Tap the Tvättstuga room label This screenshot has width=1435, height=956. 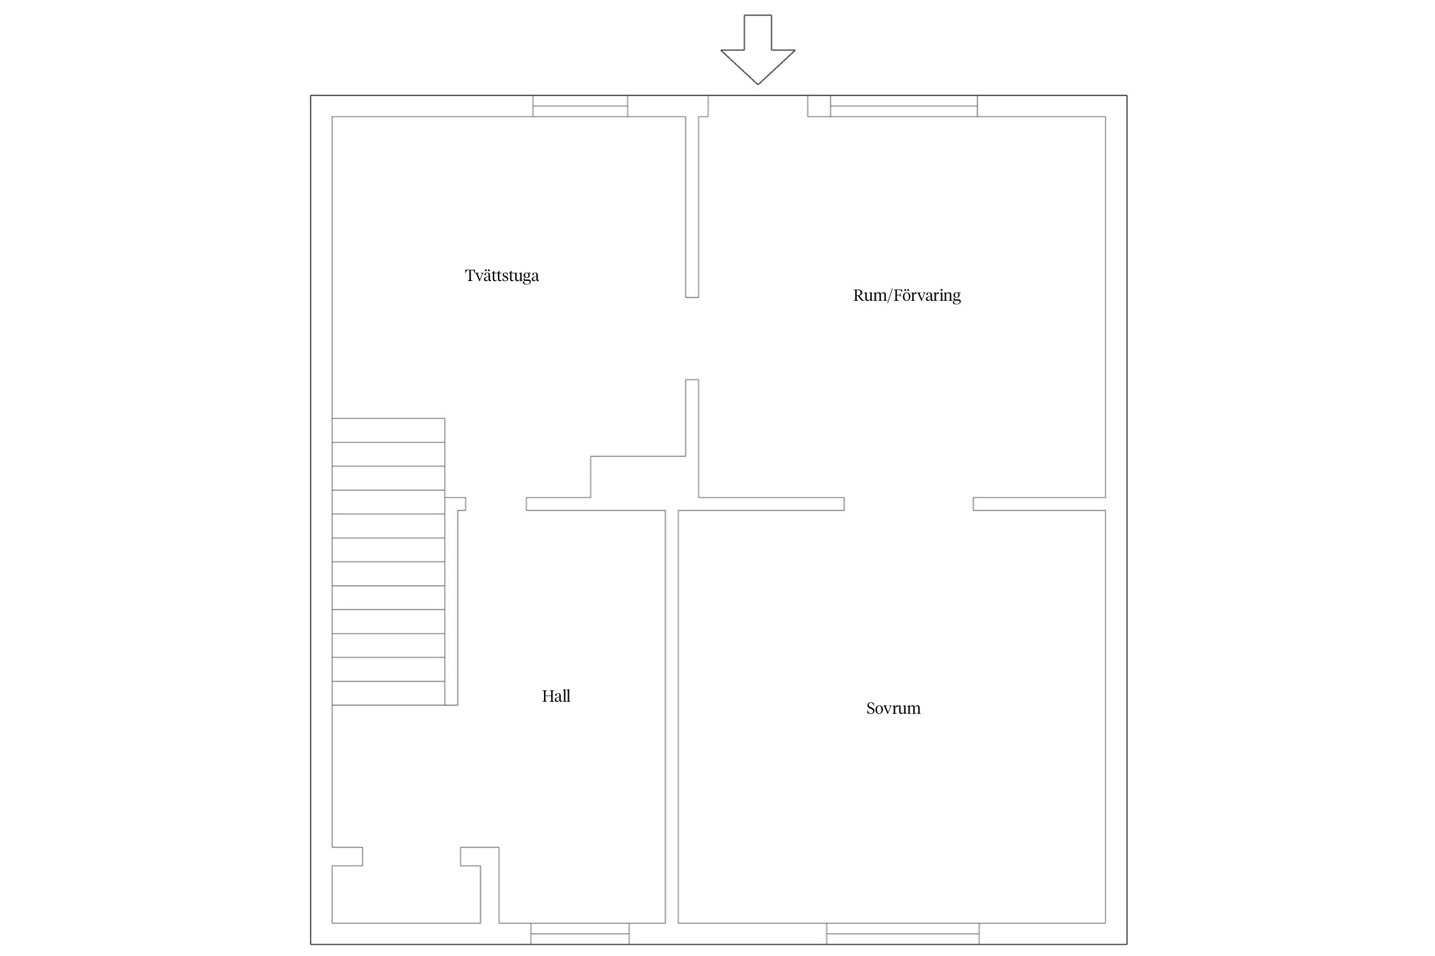coord(502,276)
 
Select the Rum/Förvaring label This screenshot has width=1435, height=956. coord(906,296)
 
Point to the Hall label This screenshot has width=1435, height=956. coord(556,696)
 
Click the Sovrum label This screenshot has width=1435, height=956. coord(893,708)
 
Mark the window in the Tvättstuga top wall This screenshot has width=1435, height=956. coord(580,106)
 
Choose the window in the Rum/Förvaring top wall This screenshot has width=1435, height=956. coord(903,106)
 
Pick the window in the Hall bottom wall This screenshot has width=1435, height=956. coord(580,933)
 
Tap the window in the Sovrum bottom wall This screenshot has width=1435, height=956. coord(902,933)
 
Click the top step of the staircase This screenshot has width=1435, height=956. coord(388,430)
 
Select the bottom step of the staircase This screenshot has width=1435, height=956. coord(388,693)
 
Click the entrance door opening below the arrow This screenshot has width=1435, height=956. coord(758,106)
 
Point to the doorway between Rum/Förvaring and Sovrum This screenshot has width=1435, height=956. coord(908,504)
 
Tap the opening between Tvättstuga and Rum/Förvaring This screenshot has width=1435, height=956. coord(692,338)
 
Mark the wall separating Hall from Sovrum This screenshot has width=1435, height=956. coord(672,714)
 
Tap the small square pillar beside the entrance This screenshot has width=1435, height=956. coord(819,106)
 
